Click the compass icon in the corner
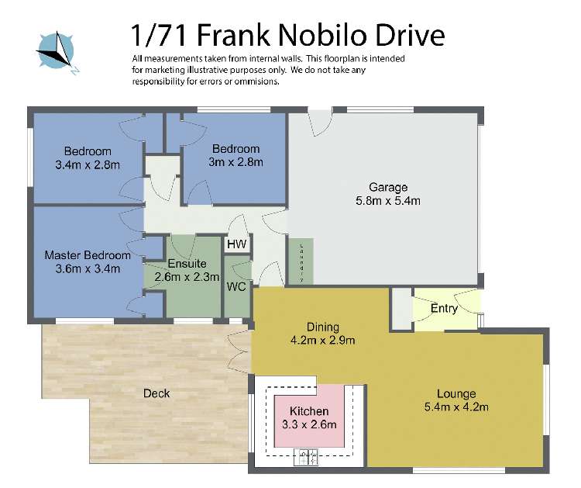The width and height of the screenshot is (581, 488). click(x=55, y=50)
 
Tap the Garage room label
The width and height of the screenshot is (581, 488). click(x=387, y=187)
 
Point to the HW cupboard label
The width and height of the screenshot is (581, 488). click(x=237, y=244)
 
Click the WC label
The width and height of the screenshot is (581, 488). click(x=236, y=286)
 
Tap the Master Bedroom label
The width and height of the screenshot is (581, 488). click(x=88, y=255)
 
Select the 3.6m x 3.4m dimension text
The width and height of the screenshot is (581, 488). click(x=88, y=269)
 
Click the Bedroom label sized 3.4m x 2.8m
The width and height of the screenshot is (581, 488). click(x=88, y=151)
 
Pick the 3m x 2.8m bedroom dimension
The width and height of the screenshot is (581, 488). click(x=236, y=162)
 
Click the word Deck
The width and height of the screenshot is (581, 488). click(x=156, y=393)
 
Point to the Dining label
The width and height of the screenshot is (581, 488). click(x=321, y=327)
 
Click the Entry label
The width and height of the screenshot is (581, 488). click(x=444, y=308)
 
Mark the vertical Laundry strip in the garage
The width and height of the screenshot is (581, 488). click(x=301, y=261)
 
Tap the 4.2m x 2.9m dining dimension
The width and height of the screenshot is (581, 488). click(x=321, y=340)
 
